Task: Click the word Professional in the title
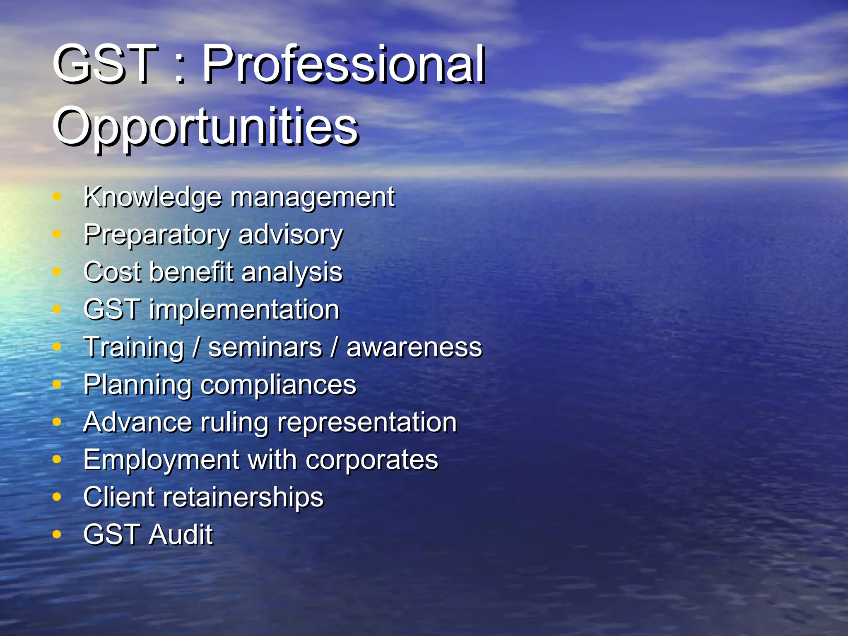tap(344, 64)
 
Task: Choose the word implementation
tap(244, 310)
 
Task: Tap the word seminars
tap(265, 347)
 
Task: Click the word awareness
tap(414, 347)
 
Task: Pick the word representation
tap(367, 423)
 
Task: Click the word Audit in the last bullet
tap(181, 535)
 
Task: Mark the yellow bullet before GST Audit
tap(57, 535)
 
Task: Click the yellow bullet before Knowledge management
tap(57, 197)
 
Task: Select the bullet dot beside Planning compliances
tap(57, 384)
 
